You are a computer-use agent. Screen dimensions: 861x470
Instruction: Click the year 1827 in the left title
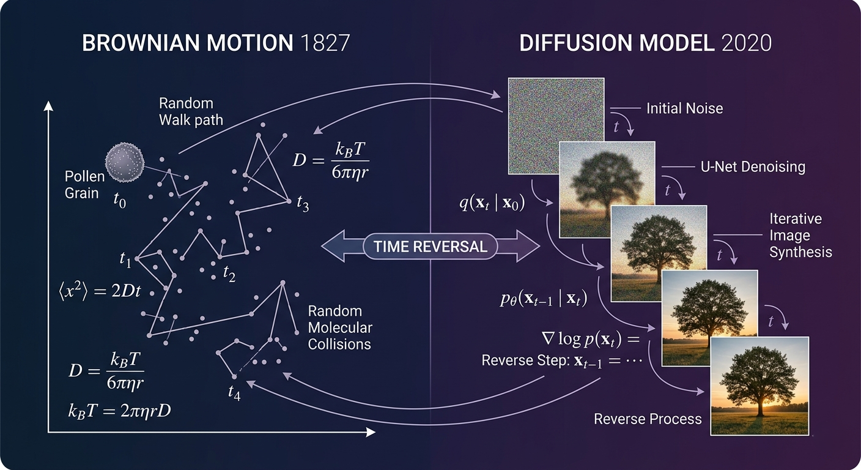pyautogui.click(x=325, y=43)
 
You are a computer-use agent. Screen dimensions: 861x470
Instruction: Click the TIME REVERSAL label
pyautogui.click(x=430, y=247)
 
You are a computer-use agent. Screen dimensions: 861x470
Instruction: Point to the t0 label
pyautogui.click(x=119, y=200)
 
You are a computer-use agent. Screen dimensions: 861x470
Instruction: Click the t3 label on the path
pyautogui.click(x=303, y=203)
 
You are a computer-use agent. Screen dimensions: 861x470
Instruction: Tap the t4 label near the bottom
pyautogui.click(x=234, y=393)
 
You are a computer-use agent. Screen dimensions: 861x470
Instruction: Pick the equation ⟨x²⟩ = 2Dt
pyautogui.click(x=100, y=291)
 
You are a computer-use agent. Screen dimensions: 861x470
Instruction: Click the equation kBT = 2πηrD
pyautogui.click(x=119, y=411)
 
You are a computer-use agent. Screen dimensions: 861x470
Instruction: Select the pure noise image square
pyautogui.click(x=556, y=126)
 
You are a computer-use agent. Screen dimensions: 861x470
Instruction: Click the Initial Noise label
pyautogui.click(x=684, y=108)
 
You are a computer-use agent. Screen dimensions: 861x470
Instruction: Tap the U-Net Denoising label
pyautogui.click(x=753, y=167)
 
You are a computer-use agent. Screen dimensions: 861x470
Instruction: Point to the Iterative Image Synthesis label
pyautogui.click(x=800, y=236)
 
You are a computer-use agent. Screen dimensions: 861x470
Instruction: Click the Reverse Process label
pyautogui.click(x=648, y=419)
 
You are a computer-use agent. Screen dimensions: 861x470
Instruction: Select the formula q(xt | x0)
pyautogui.click(x=492, y=203)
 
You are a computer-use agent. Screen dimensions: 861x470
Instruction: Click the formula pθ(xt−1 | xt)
pyautogui.click(x=544, y=299)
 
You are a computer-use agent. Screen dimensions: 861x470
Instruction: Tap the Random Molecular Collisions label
pyautogui.click(x=340, y=327)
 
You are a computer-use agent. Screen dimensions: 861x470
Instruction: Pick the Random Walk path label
pyautogui.click(x=191, y=111)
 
